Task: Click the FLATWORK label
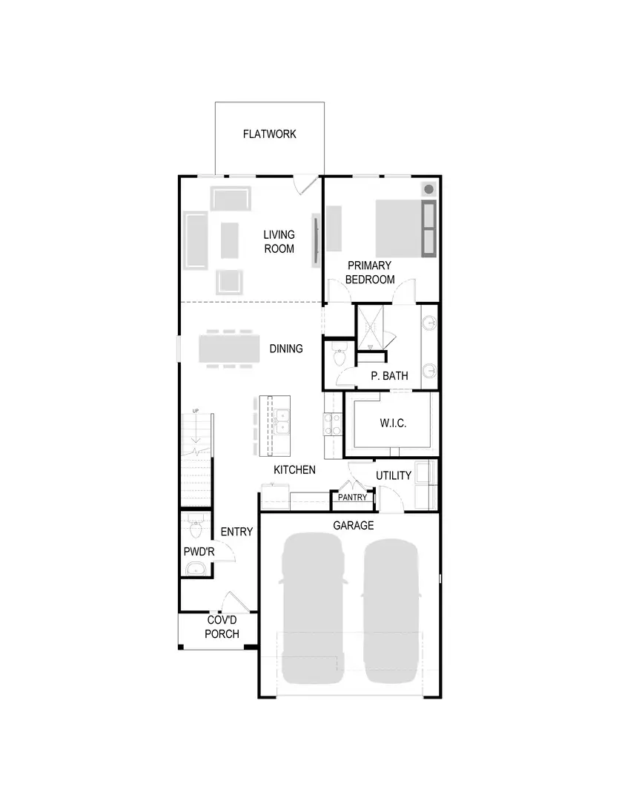point(269,134)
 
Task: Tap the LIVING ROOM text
point(279,242)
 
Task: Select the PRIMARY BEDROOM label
point(369,272)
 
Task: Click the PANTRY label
point(352,498)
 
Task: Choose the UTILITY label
point(393,475)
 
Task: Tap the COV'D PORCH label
point(222,627)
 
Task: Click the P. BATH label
point(389,376)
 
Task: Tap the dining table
point(229,349)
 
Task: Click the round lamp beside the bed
point(428,189)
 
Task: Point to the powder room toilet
point(196,528)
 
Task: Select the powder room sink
point(196,569)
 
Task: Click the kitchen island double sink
point(282,421)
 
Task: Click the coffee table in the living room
point(230,240)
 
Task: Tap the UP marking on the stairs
point(196,411)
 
